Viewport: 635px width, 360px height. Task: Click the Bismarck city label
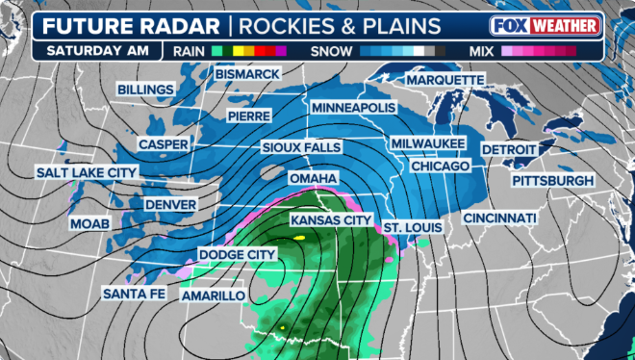click(x=247, y=74)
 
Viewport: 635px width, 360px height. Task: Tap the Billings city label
click(x=145, y=90)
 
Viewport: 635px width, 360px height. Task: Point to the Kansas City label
click(x=331, y=220)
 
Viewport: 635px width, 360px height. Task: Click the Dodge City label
click(x=237, y=254)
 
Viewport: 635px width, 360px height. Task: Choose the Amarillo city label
click(x=214, y=296)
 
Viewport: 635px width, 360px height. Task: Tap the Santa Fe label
click(x=136, y=293)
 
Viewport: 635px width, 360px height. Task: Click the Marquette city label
click(x=444, y=79)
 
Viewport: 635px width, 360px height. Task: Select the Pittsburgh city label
click(x=552, y=181)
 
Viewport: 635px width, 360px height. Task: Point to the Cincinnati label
click(x=499, y=219)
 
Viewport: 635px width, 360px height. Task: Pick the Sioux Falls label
click(x=301, y=147)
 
